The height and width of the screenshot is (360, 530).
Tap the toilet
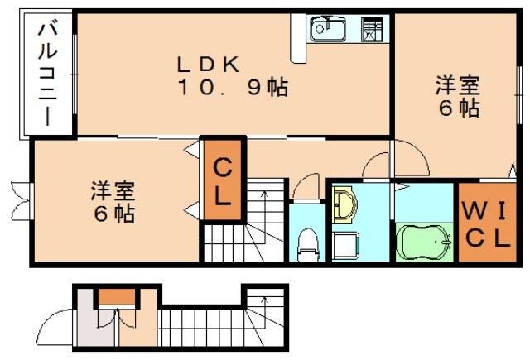point(308,241)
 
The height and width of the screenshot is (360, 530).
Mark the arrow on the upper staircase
point(265,199)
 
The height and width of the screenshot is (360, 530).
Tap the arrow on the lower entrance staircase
point(265,301)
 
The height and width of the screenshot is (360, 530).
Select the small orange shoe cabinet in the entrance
point(118,295)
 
